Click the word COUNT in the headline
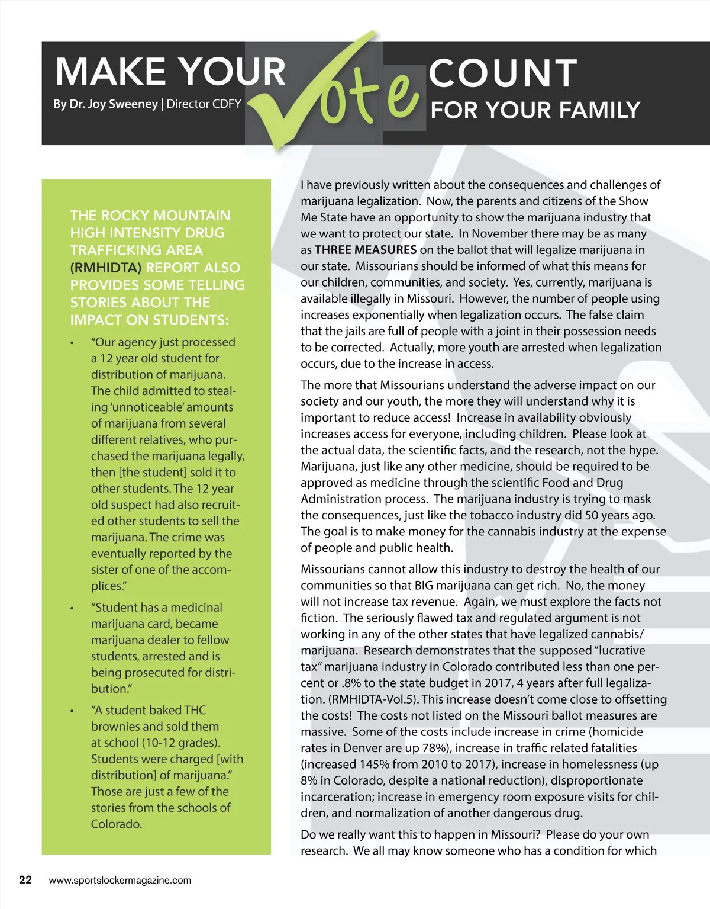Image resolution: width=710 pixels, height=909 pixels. click(x=502, y=73)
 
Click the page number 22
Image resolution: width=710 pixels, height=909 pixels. click(x=25, y=879)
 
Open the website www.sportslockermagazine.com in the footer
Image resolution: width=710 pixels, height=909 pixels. click(x=120, y=880)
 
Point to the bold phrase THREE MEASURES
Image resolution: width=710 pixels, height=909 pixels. click(x=366, y=250)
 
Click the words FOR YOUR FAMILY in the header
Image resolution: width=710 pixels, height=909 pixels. click(x=535, y=110)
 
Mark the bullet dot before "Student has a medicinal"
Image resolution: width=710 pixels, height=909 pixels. click(x=72, y=608)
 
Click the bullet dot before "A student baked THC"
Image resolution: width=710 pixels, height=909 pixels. click(x=72, y=711)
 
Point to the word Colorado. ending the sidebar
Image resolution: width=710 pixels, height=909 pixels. click(x=117, y=824)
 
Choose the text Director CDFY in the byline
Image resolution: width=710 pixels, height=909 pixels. click(x=204, y=104)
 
